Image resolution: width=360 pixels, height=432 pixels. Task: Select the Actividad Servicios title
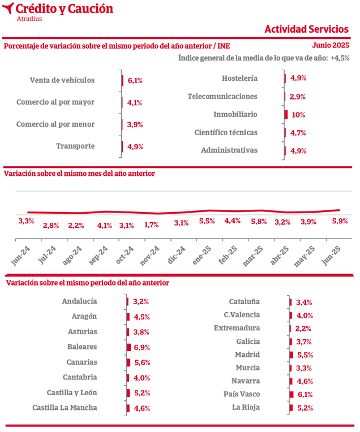[306, 29]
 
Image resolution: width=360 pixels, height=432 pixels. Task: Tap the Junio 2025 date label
[331, 45]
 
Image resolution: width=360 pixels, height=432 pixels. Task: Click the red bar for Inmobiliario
[286, 115]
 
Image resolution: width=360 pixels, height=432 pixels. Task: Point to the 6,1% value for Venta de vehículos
[135, 81]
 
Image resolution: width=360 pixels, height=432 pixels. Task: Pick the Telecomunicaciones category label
[222, 97]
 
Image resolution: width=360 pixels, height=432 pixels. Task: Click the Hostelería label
[240, 79]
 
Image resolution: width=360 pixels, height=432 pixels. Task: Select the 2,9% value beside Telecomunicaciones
[298, 97]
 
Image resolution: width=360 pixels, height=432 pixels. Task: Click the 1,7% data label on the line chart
[151, 224]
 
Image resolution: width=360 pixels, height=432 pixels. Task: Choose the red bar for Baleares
[128, 347]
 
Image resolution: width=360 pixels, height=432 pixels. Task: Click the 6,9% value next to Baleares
[141, 347]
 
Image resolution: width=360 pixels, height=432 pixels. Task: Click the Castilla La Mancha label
[65, 407]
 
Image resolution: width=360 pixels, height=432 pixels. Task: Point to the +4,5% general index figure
[340, 58]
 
